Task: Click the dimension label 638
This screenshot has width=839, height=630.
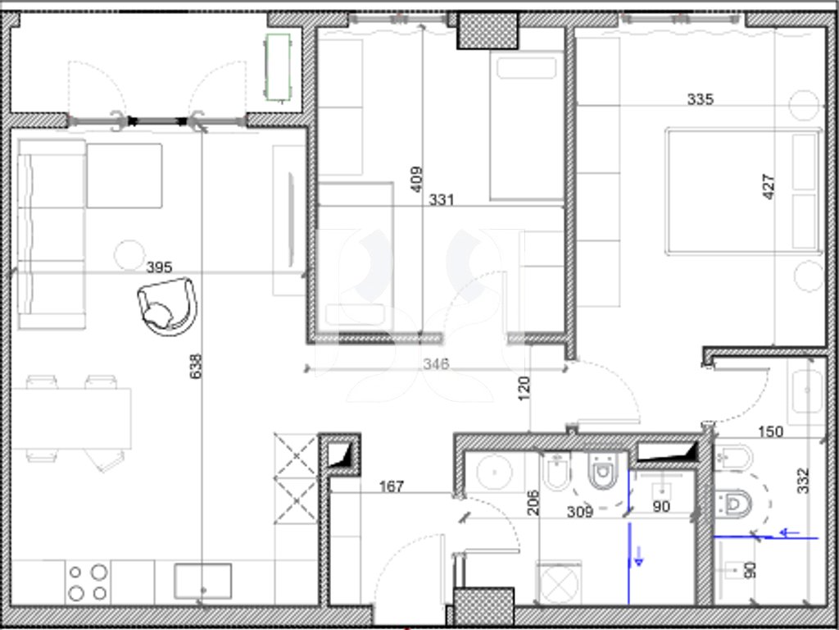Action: tap(197, 366)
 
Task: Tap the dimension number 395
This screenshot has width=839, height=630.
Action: tap(159, 267)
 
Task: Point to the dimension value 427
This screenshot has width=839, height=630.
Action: tap(768, 186)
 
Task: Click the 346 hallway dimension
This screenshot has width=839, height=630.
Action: tap(436, 364)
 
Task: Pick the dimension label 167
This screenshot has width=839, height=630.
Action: tap(392, 486)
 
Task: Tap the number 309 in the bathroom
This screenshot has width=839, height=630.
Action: tap(580, 512)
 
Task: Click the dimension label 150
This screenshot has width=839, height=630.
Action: tap(770, 431)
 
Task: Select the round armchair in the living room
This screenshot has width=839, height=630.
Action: tap(167, 307)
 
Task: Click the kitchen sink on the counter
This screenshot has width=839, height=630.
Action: tap(203, 581)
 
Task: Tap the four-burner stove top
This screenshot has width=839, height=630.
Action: tap(88, 582)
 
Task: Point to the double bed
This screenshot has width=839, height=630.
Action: tap(743, 190)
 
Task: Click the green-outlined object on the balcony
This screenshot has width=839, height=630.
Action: tap(278, 67)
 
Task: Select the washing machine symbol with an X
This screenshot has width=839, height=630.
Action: tap(559, 583)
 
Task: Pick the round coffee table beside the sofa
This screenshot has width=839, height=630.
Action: tap(129, 255)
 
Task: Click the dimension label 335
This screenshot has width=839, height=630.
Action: tap(700, 99)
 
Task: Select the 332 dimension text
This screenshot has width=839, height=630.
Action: tap(803, 481)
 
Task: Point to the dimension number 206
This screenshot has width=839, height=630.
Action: tap(533, 503)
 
